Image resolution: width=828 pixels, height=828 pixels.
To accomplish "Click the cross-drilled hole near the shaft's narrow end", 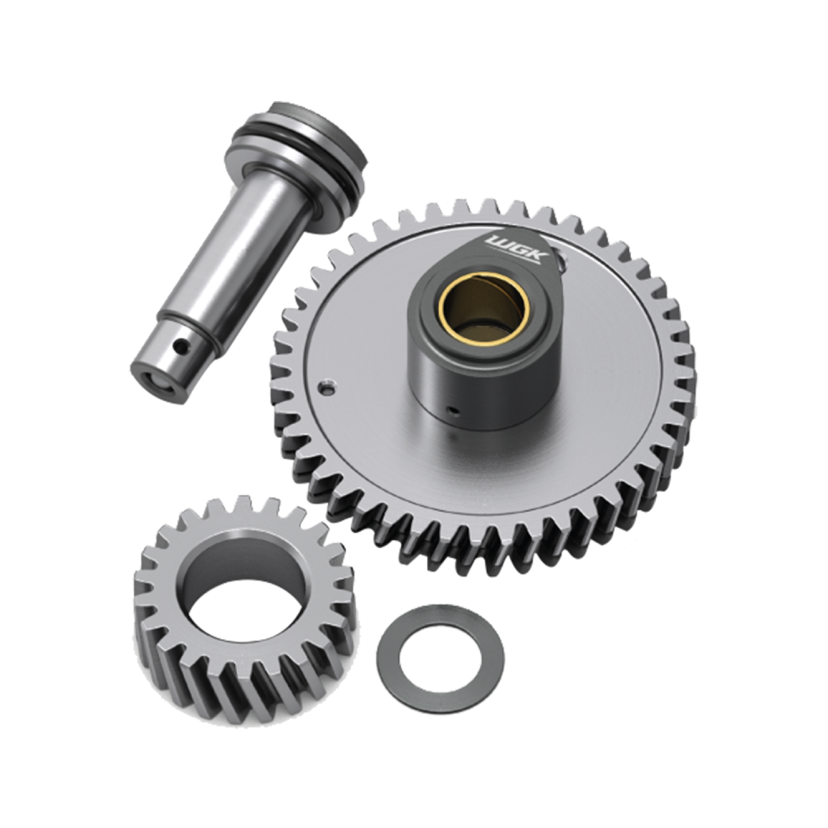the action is point(179,347).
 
